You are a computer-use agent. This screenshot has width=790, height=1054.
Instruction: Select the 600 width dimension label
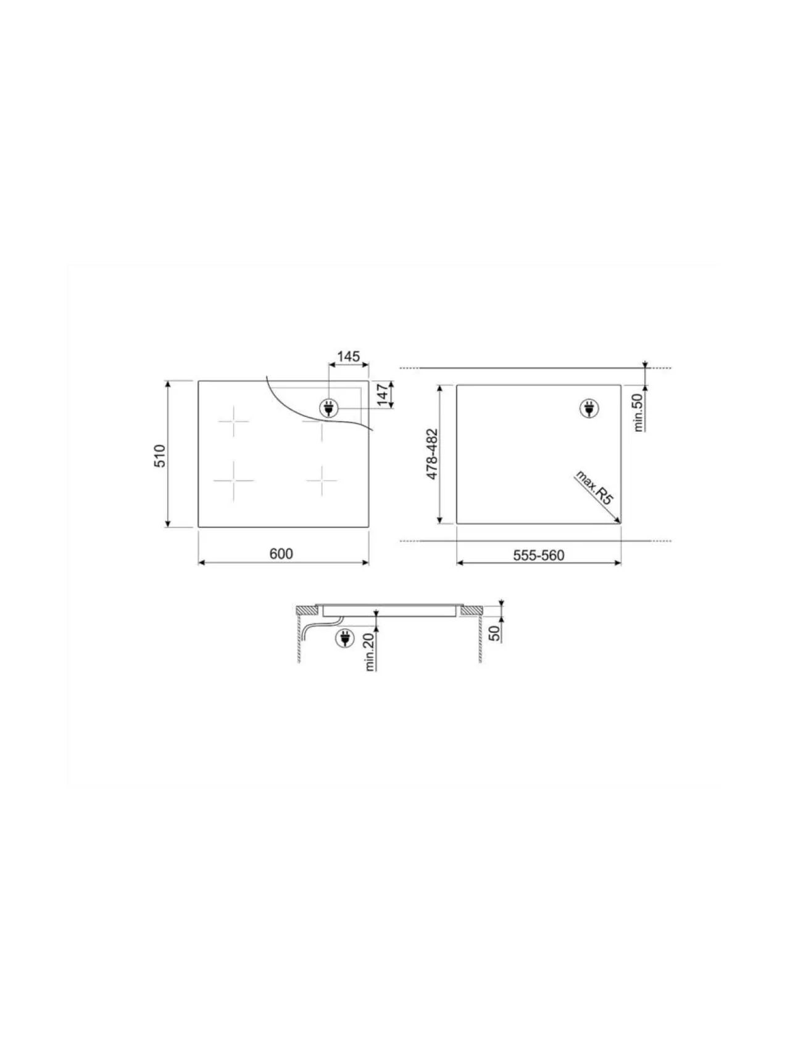[x=281, y=554]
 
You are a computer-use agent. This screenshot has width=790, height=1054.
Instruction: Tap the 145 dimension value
[x=348, y=356]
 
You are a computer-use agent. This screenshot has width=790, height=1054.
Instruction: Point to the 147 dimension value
[x=385, y=395]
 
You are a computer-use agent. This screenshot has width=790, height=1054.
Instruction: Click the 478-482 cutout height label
[x=432, y=455]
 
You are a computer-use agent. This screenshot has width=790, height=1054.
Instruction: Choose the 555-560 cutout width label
[x=539, y=556]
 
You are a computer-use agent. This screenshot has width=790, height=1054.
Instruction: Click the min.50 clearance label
[x=639, y=412]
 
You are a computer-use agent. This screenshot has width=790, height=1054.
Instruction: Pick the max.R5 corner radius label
[x=593, y=488]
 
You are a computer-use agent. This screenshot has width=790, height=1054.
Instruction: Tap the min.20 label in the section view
[x=370, y=651]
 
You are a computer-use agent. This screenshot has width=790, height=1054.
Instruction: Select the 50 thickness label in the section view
[x=494, y=633]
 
